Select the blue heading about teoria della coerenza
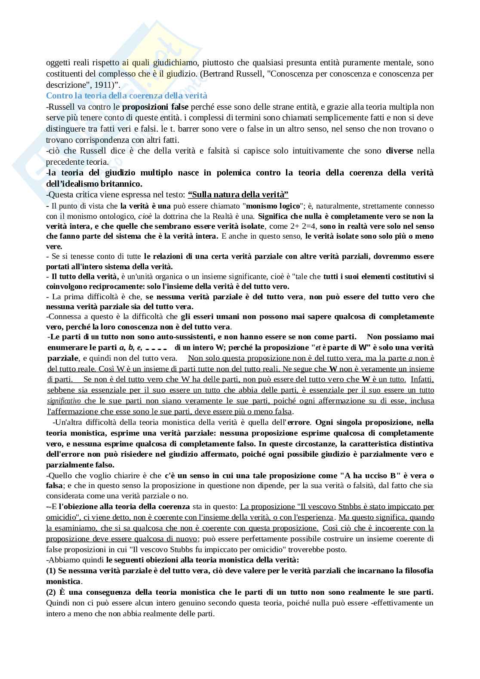click(x=126, y=95)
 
